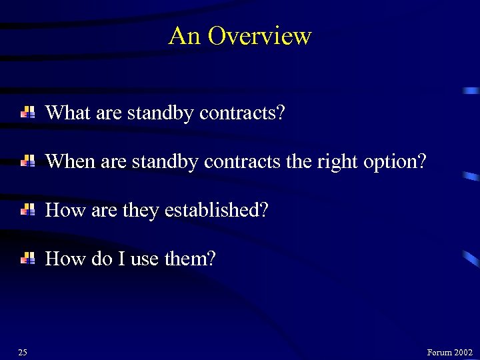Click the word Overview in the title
[259, 36]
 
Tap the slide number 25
[23, 352]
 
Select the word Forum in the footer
[439, 352]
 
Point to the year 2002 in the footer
[463, 352]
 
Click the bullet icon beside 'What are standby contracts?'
[28, 113]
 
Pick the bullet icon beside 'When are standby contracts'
[28, 161]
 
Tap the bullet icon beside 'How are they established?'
[28, 210]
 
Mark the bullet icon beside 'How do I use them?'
[28, 259]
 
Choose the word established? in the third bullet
[216, 210]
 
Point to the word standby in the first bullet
[159, 113]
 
